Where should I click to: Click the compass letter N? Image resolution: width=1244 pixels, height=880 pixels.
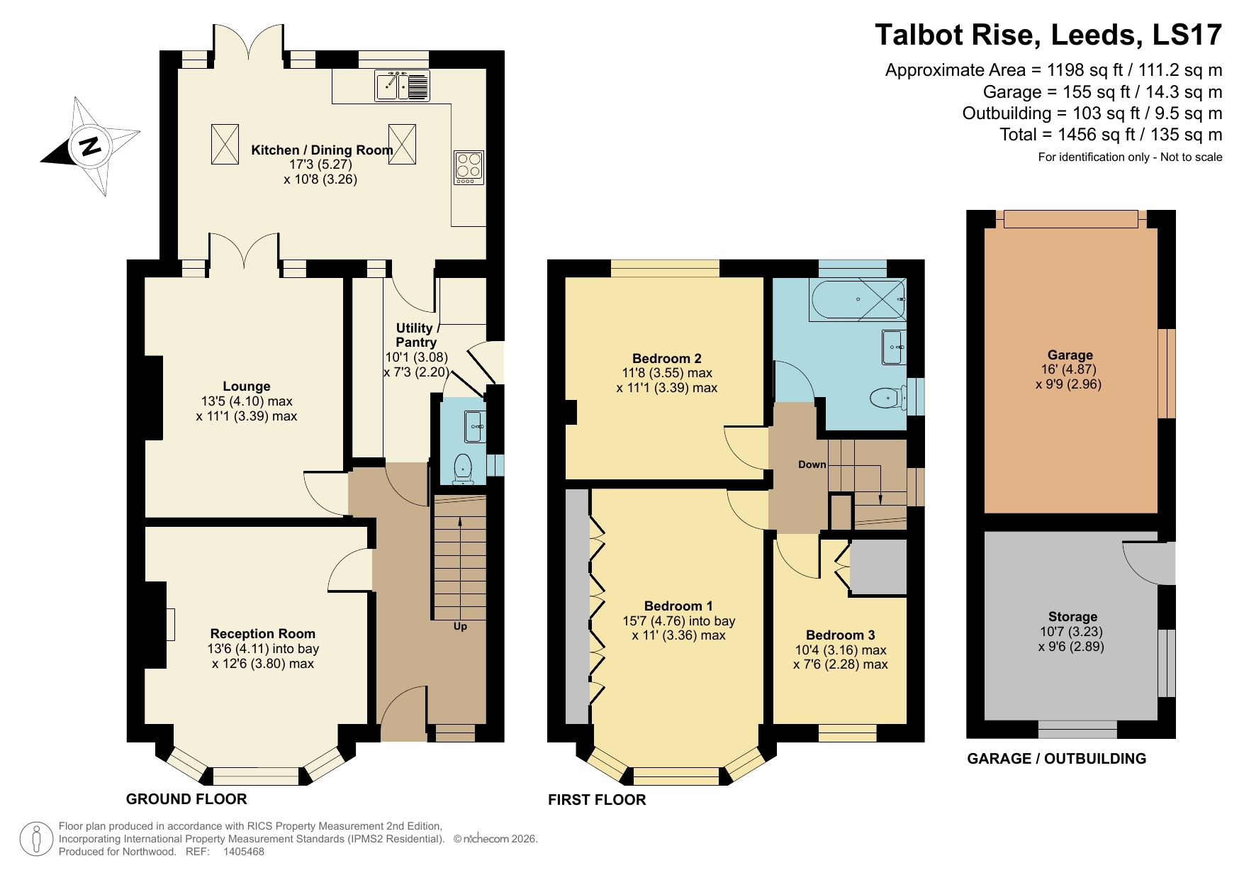click(90, 146)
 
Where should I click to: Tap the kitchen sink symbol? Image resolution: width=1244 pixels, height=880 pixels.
click(402, 86)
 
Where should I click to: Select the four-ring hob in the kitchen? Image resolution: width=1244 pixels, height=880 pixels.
click(469, 167)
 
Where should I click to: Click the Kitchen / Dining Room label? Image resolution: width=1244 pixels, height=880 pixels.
click(322, 150)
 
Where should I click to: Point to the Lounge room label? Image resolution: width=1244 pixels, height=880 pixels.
click(246, 386)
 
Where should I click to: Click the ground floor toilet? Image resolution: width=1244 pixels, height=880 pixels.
click(463, 469)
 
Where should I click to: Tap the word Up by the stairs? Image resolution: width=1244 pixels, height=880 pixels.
click(460, 626)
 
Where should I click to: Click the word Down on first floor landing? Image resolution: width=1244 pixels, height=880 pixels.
click(812, 464)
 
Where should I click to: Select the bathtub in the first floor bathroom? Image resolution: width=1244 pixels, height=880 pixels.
click(858, 299)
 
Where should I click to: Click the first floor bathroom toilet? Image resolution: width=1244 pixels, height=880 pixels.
click(887, 398)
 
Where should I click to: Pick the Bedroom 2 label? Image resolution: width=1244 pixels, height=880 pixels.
click(666, 358)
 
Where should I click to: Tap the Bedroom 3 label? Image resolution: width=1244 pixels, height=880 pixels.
click(840, 635)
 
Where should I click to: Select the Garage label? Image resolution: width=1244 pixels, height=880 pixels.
click(1070, 355)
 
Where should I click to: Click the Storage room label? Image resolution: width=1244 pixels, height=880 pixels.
click(1072, 616)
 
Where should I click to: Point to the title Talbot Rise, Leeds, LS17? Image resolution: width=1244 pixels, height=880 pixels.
click(1048, 35)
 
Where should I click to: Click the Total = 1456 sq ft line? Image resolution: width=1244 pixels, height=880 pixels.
click(1110, 135)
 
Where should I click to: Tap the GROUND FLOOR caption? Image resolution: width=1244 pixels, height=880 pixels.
click(186, 799)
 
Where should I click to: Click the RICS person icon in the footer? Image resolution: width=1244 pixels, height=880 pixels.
click(35, 839)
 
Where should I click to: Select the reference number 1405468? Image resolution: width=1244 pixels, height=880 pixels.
click(243, 852)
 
